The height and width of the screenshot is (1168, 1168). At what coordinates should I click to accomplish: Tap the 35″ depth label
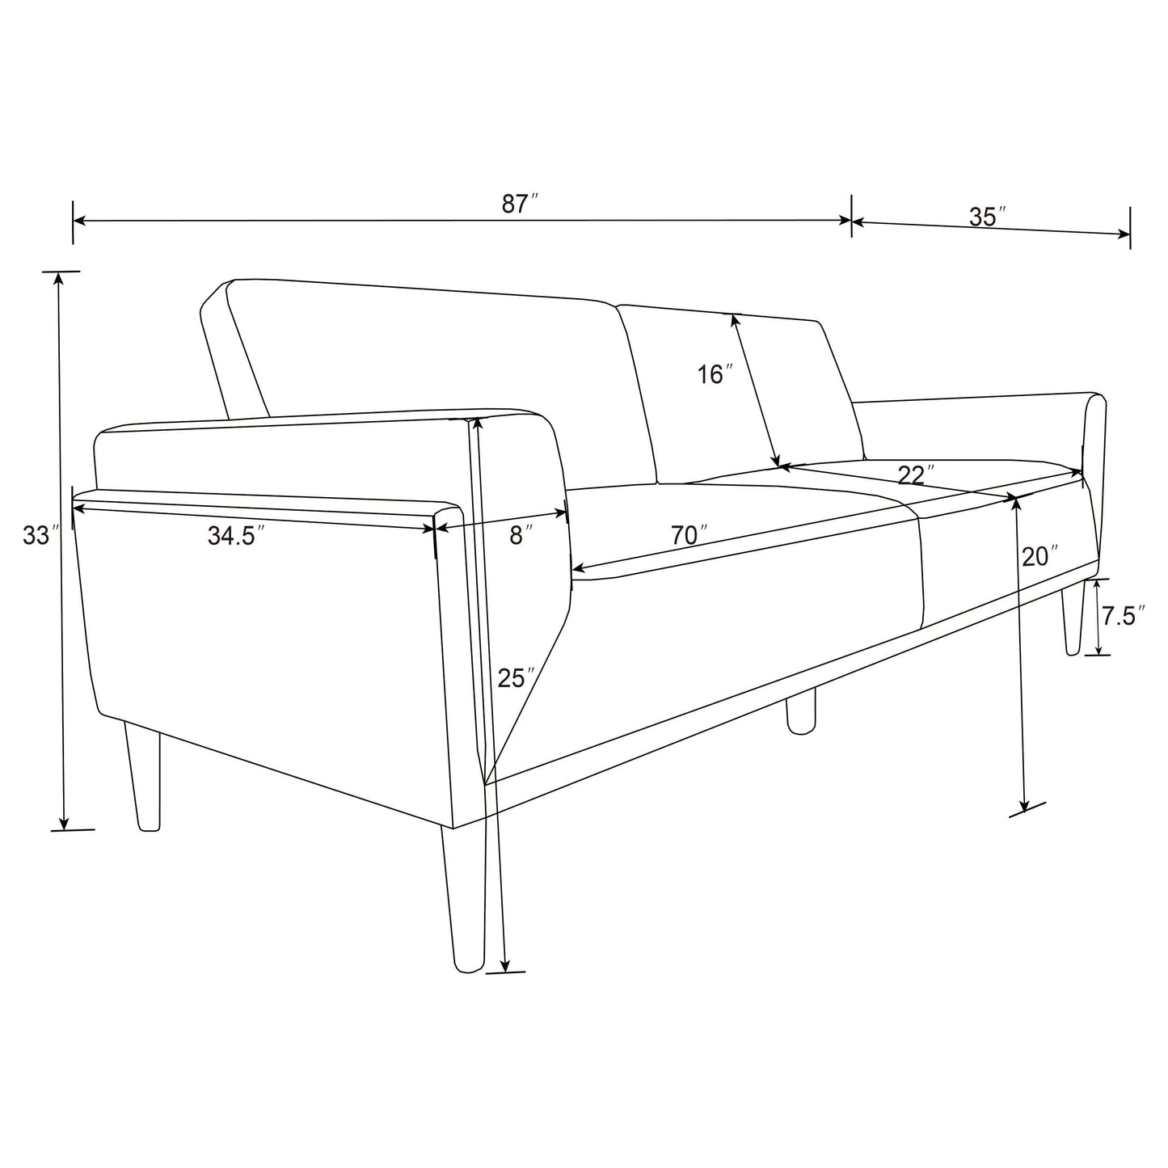(x=987, y=217)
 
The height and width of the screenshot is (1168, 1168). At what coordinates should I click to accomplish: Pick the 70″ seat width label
(x=689, y=534)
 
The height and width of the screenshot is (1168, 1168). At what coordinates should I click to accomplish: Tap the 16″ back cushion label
(x=715, y=374)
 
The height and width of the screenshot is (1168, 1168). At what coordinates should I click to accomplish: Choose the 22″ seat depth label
(x=916, y=474)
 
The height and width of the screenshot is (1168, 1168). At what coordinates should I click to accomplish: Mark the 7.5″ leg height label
(x=1123, y=617)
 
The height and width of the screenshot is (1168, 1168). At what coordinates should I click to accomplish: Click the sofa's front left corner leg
(x=464, y=897)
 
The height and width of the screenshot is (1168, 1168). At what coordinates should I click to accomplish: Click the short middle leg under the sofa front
(x=800, y=711)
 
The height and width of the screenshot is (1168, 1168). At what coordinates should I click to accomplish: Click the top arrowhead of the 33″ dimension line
(x=58, y=278)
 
